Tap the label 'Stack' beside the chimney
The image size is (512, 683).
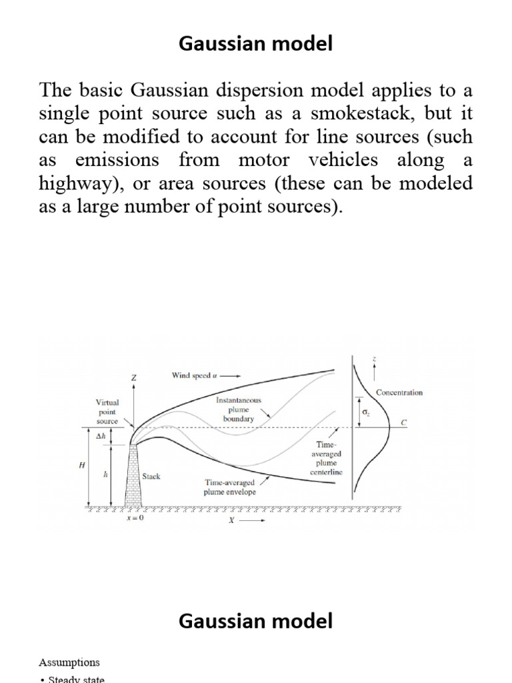[x=151, y=477]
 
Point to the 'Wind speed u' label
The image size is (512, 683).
[x=195, y=376]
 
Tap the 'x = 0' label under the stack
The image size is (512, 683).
[x=135, y=519]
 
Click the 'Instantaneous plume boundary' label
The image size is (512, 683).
[x=239, y=409]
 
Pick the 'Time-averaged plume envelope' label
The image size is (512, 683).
[x=230, y=487]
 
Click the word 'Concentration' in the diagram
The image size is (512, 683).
[x=399, y=392]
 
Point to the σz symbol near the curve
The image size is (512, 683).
[x=365, y=414]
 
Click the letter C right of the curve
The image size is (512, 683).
[x=403, y=422]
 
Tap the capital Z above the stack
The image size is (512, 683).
[x=133, y=378]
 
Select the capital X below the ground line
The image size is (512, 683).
[x=231, y=521]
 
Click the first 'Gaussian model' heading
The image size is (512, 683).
[x=256, y=45]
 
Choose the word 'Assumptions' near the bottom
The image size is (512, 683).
[x=69, y=662]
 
